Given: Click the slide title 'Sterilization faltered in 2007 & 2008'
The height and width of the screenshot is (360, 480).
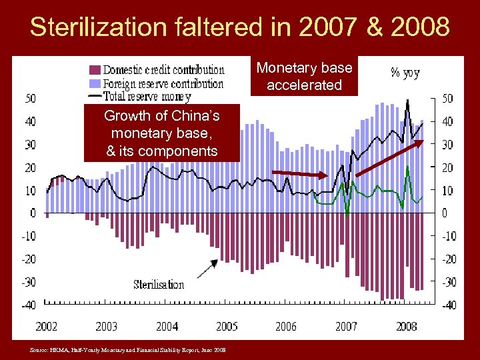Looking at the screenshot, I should pos(239,27).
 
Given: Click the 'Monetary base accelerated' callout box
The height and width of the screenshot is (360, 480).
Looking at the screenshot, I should pos(304,76).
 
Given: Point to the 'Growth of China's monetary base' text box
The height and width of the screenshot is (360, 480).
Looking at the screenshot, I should pos(161,133).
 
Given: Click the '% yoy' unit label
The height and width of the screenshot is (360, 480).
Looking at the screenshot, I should pos(405,73).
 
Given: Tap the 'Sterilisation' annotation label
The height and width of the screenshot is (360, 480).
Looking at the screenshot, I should pos(159,285).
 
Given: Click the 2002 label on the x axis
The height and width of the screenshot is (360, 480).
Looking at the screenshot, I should pos(46,326).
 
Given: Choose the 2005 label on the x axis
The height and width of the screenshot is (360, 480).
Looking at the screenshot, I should pos(227,326).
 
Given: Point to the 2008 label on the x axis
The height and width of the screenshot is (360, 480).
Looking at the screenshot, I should pos(406,326).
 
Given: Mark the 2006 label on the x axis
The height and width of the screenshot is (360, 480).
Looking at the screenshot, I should pos(286,326).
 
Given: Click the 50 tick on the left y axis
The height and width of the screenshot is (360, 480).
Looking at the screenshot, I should pos(31,99).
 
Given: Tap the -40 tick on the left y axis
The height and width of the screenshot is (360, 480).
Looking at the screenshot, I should pos(29,305).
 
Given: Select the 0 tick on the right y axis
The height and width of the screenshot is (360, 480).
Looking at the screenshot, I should pos(447,213).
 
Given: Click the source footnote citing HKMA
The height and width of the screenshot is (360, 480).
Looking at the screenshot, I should pos(127,349).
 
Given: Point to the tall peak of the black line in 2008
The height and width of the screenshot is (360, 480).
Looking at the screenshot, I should pos(407,101).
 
